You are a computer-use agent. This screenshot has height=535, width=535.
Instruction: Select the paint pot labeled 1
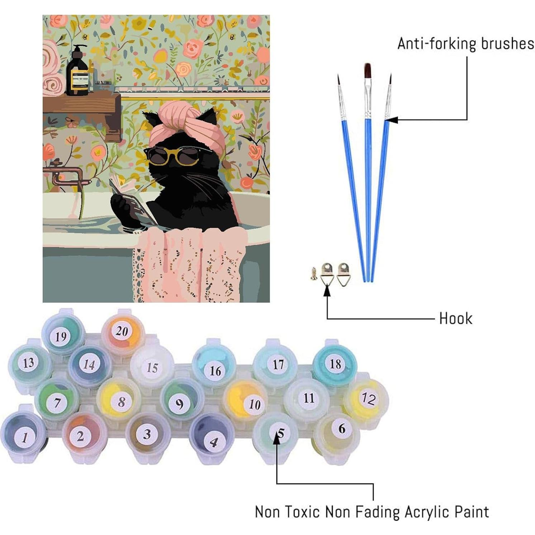point(24,437)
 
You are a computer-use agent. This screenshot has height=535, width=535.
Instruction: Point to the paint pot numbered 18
point(335,364)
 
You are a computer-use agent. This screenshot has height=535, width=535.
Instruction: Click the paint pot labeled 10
point(254,404)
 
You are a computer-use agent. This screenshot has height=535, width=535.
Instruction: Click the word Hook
point(455,318)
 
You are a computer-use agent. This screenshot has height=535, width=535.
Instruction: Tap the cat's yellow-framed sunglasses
point(173,155)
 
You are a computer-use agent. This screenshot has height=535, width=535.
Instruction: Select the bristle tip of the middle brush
point(368,70)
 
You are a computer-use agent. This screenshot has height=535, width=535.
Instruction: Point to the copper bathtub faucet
point(65,176)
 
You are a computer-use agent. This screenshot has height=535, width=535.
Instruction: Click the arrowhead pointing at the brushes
point(392,120)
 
